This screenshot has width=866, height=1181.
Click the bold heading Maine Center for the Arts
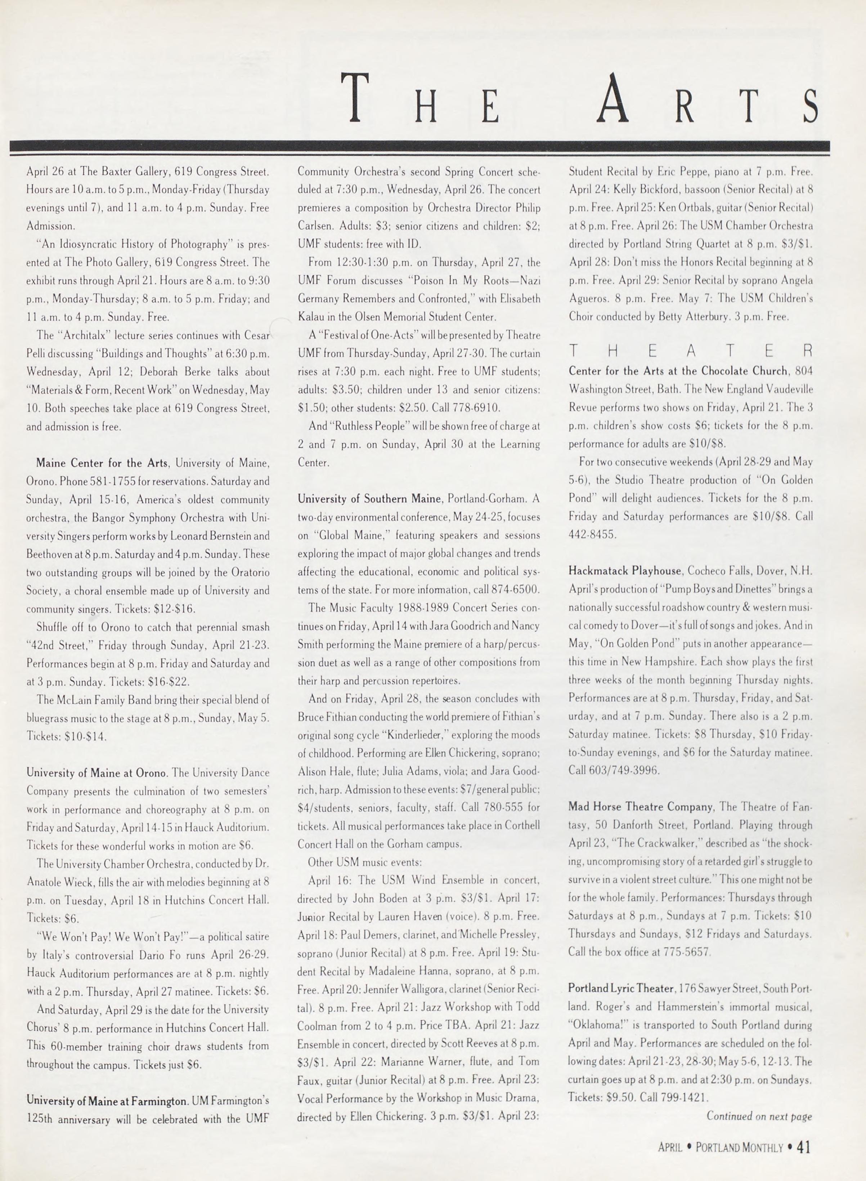point(102,463)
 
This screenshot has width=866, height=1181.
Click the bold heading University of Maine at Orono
point(97,773)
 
